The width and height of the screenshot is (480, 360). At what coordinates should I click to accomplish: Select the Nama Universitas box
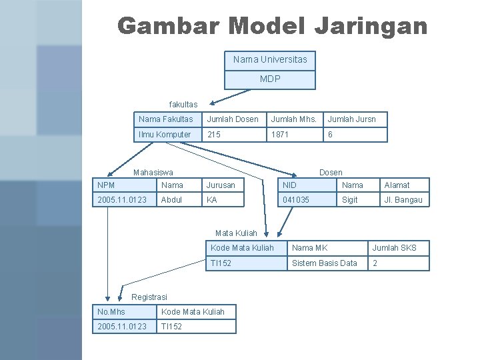click(x=270, y=60)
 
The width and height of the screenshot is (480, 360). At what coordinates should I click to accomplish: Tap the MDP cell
click(x=270, y=79)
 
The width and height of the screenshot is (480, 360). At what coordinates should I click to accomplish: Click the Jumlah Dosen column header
click(x=233, y=119)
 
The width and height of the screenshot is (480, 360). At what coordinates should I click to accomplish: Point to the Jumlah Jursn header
click(x=351, y=119)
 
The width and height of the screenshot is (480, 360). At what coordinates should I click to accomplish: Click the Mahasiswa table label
click(x=153, y=173)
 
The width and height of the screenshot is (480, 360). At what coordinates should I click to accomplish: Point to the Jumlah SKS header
click(x=393, y=248)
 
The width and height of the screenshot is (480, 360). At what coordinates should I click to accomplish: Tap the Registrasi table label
click(x=150, y=297)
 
